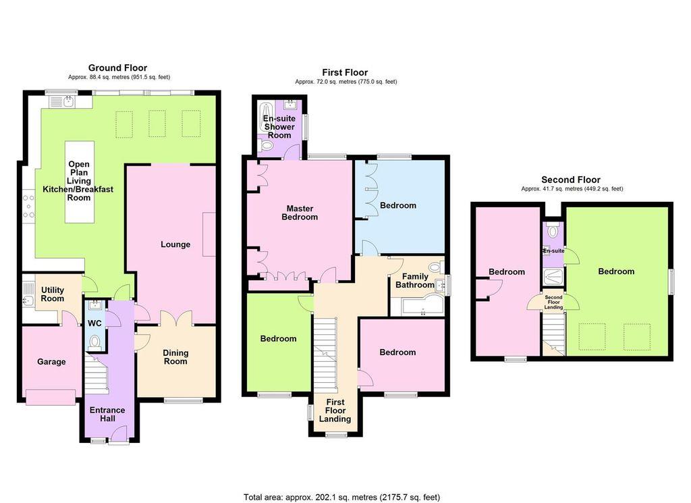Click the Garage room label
51,362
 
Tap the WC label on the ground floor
94,323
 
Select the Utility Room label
52,294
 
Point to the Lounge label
175,244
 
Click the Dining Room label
175,357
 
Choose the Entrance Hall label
107,414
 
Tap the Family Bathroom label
414,281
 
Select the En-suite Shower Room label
278,127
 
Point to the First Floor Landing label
335,411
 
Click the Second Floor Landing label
553,302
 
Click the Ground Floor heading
117,68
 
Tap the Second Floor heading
571,180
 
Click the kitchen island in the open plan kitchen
79,182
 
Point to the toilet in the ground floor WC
94,342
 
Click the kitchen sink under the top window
68,102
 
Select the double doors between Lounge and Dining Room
176,318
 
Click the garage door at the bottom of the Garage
51,397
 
